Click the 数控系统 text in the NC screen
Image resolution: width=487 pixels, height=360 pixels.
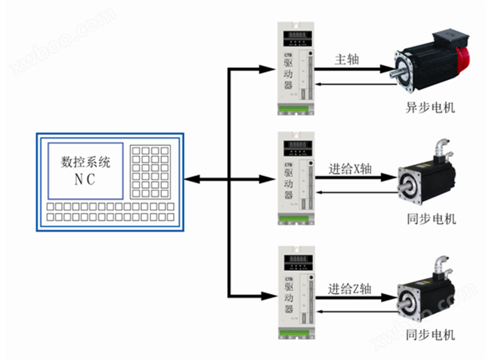85,162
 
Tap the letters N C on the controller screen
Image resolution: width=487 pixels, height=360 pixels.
85,179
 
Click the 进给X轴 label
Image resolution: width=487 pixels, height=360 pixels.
350,169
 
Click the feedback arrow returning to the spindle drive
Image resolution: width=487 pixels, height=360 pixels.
322,84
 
